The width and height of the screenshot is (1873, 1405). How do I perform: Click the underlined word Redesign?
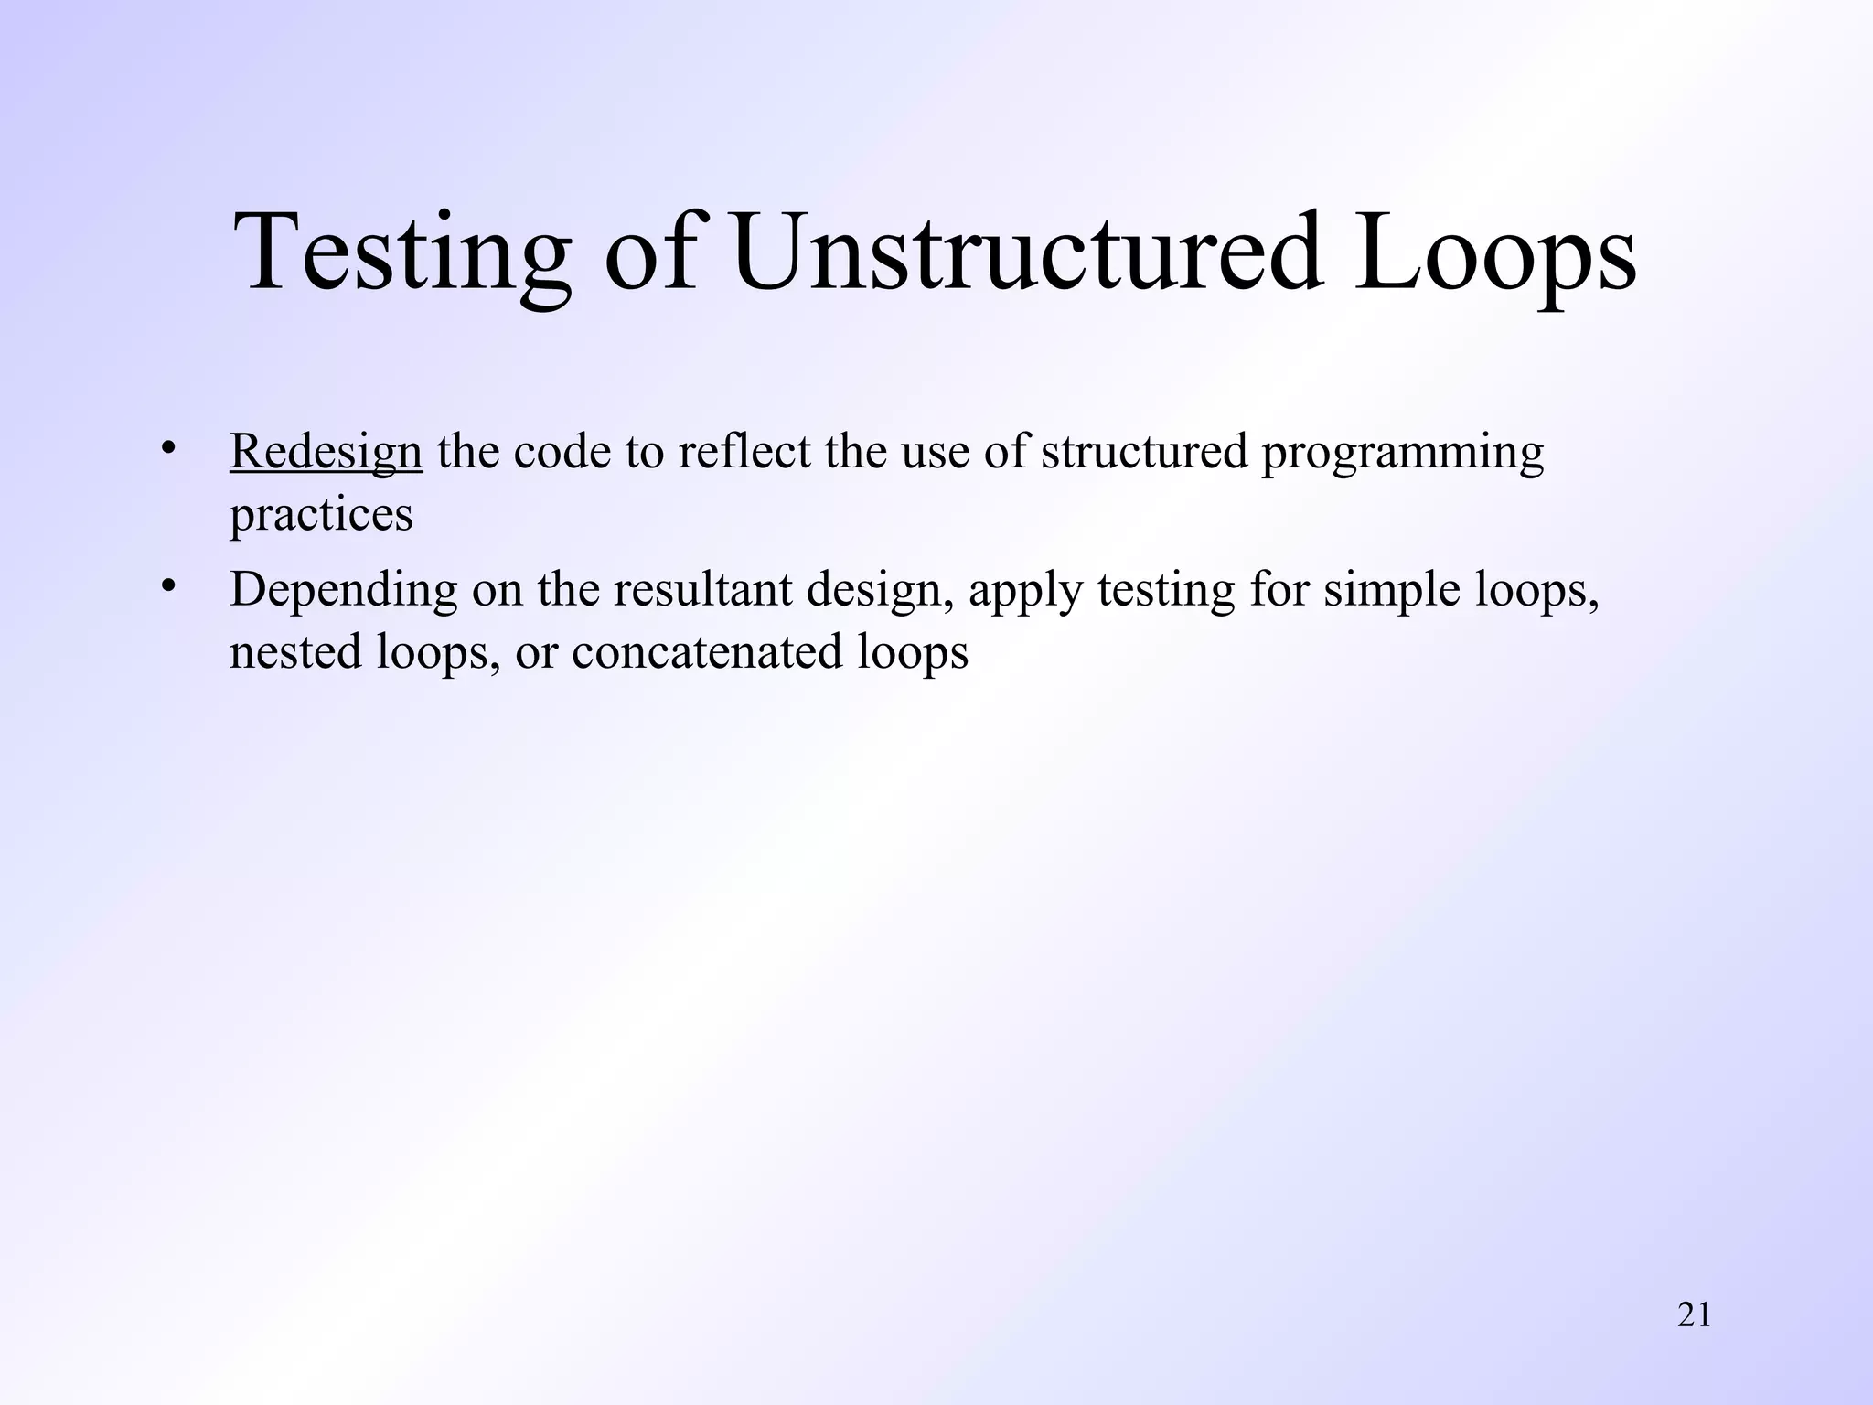coord(326,452)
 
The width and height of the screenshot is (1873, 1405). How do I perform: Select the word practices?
coord(321,514)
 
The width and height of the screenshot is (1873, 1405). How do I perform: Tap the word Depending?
coord(343,590)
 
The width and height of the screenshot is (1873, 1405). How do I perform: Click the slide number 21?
coord(1694,1315)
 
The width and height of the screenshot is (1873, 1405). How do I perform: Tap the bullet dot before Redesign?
coord(167,448)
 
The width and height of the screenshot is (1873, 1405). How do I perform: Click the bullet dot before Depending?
coord(167,585)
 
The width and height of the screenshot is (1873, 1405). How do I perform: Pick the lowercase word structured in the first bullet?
coord(1144,452)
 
